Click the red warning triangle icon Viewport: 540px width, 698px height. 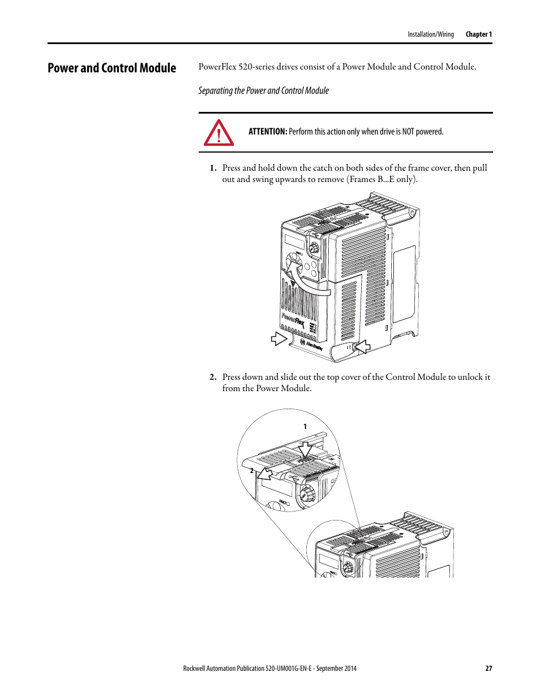(x=218, y=133)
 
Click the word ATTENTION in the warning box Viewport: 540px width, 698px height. (x=267, y=132)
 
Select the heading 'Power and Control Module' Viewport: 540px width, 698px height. (x=112, y=68)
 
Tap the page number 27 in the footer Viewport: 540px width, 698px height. (x=488, y=668)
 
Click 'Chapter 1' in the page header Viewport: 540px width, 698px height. (x=478, y=34)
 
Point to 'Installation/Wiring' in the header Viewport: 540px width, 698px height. (x=430, y=34)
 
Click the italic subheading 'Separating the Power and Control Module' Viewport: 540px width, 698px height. (x=263, y=90)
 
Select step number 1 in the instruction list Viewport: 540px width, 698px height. (x=213, y=168)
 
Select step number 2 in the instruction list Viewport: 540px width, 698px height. (x=213, y=377)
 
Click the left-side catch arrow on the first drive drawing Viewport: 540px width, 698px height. (x=279, y=339)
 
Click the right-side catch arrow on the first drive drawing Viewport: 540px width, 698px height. (x=361, y=347)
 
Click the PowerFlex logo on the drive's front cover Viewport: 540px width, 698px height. (x=293, y=320)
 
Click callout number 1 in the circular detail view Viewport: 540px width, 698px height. (x=305, y=427)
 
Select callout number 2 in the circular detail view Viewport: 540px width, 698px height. (x=252, y=470)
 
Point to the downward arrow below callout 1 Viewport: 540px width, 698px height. (x=305, y=449)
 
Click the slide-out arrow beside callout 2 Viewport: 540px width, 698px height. (x=264, y=472)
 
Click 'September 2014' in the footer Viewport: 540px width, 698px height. (x=336, y=668)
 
